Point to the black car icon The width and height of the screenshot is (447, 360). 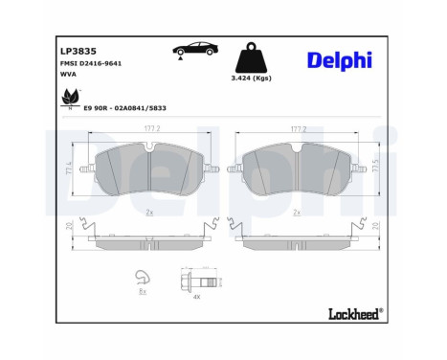(192, 50)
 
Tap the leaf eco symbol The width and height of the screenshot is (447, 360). (68, 98)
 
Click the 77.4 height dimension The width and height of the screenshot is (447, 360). (69, 169)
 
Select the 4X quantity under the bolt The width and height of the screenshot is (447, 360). (195, 299)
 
